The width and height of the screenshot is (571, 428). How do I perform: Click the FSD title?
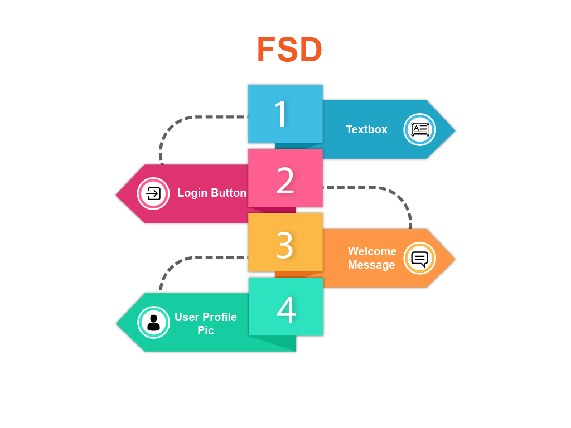289,50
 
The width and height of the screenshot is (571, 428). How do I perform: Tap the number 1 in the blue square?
281,114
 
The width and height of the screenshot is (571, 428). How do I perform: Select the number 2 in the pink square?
285,180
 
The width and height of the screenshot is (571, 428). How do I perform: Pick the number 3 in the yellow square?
285,245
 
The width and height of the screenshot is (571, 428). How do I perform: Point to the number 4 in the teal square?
286,309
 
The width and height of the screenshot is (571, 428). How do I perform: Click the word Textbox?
366,129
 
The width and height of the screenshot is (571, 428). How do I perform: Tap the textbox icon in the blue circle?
420,129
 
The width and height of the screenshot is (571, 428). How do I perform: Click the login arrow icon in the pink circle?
153,193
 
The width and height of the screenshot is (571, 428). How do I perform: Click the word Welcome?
372,251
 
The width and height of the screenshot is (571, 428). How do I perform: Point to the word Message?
371,265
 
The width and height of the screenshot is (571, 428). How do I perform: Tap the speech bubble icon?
419,259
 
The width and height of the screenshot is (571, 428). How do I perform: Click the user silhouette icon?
154,323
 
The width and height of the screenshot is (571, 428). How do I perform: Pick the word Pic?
206,330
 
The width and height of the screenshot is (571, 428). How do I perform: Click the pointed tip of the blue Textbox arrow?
455,130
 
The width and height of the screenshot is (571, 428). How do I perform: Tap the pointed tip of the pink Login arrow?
116,194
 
